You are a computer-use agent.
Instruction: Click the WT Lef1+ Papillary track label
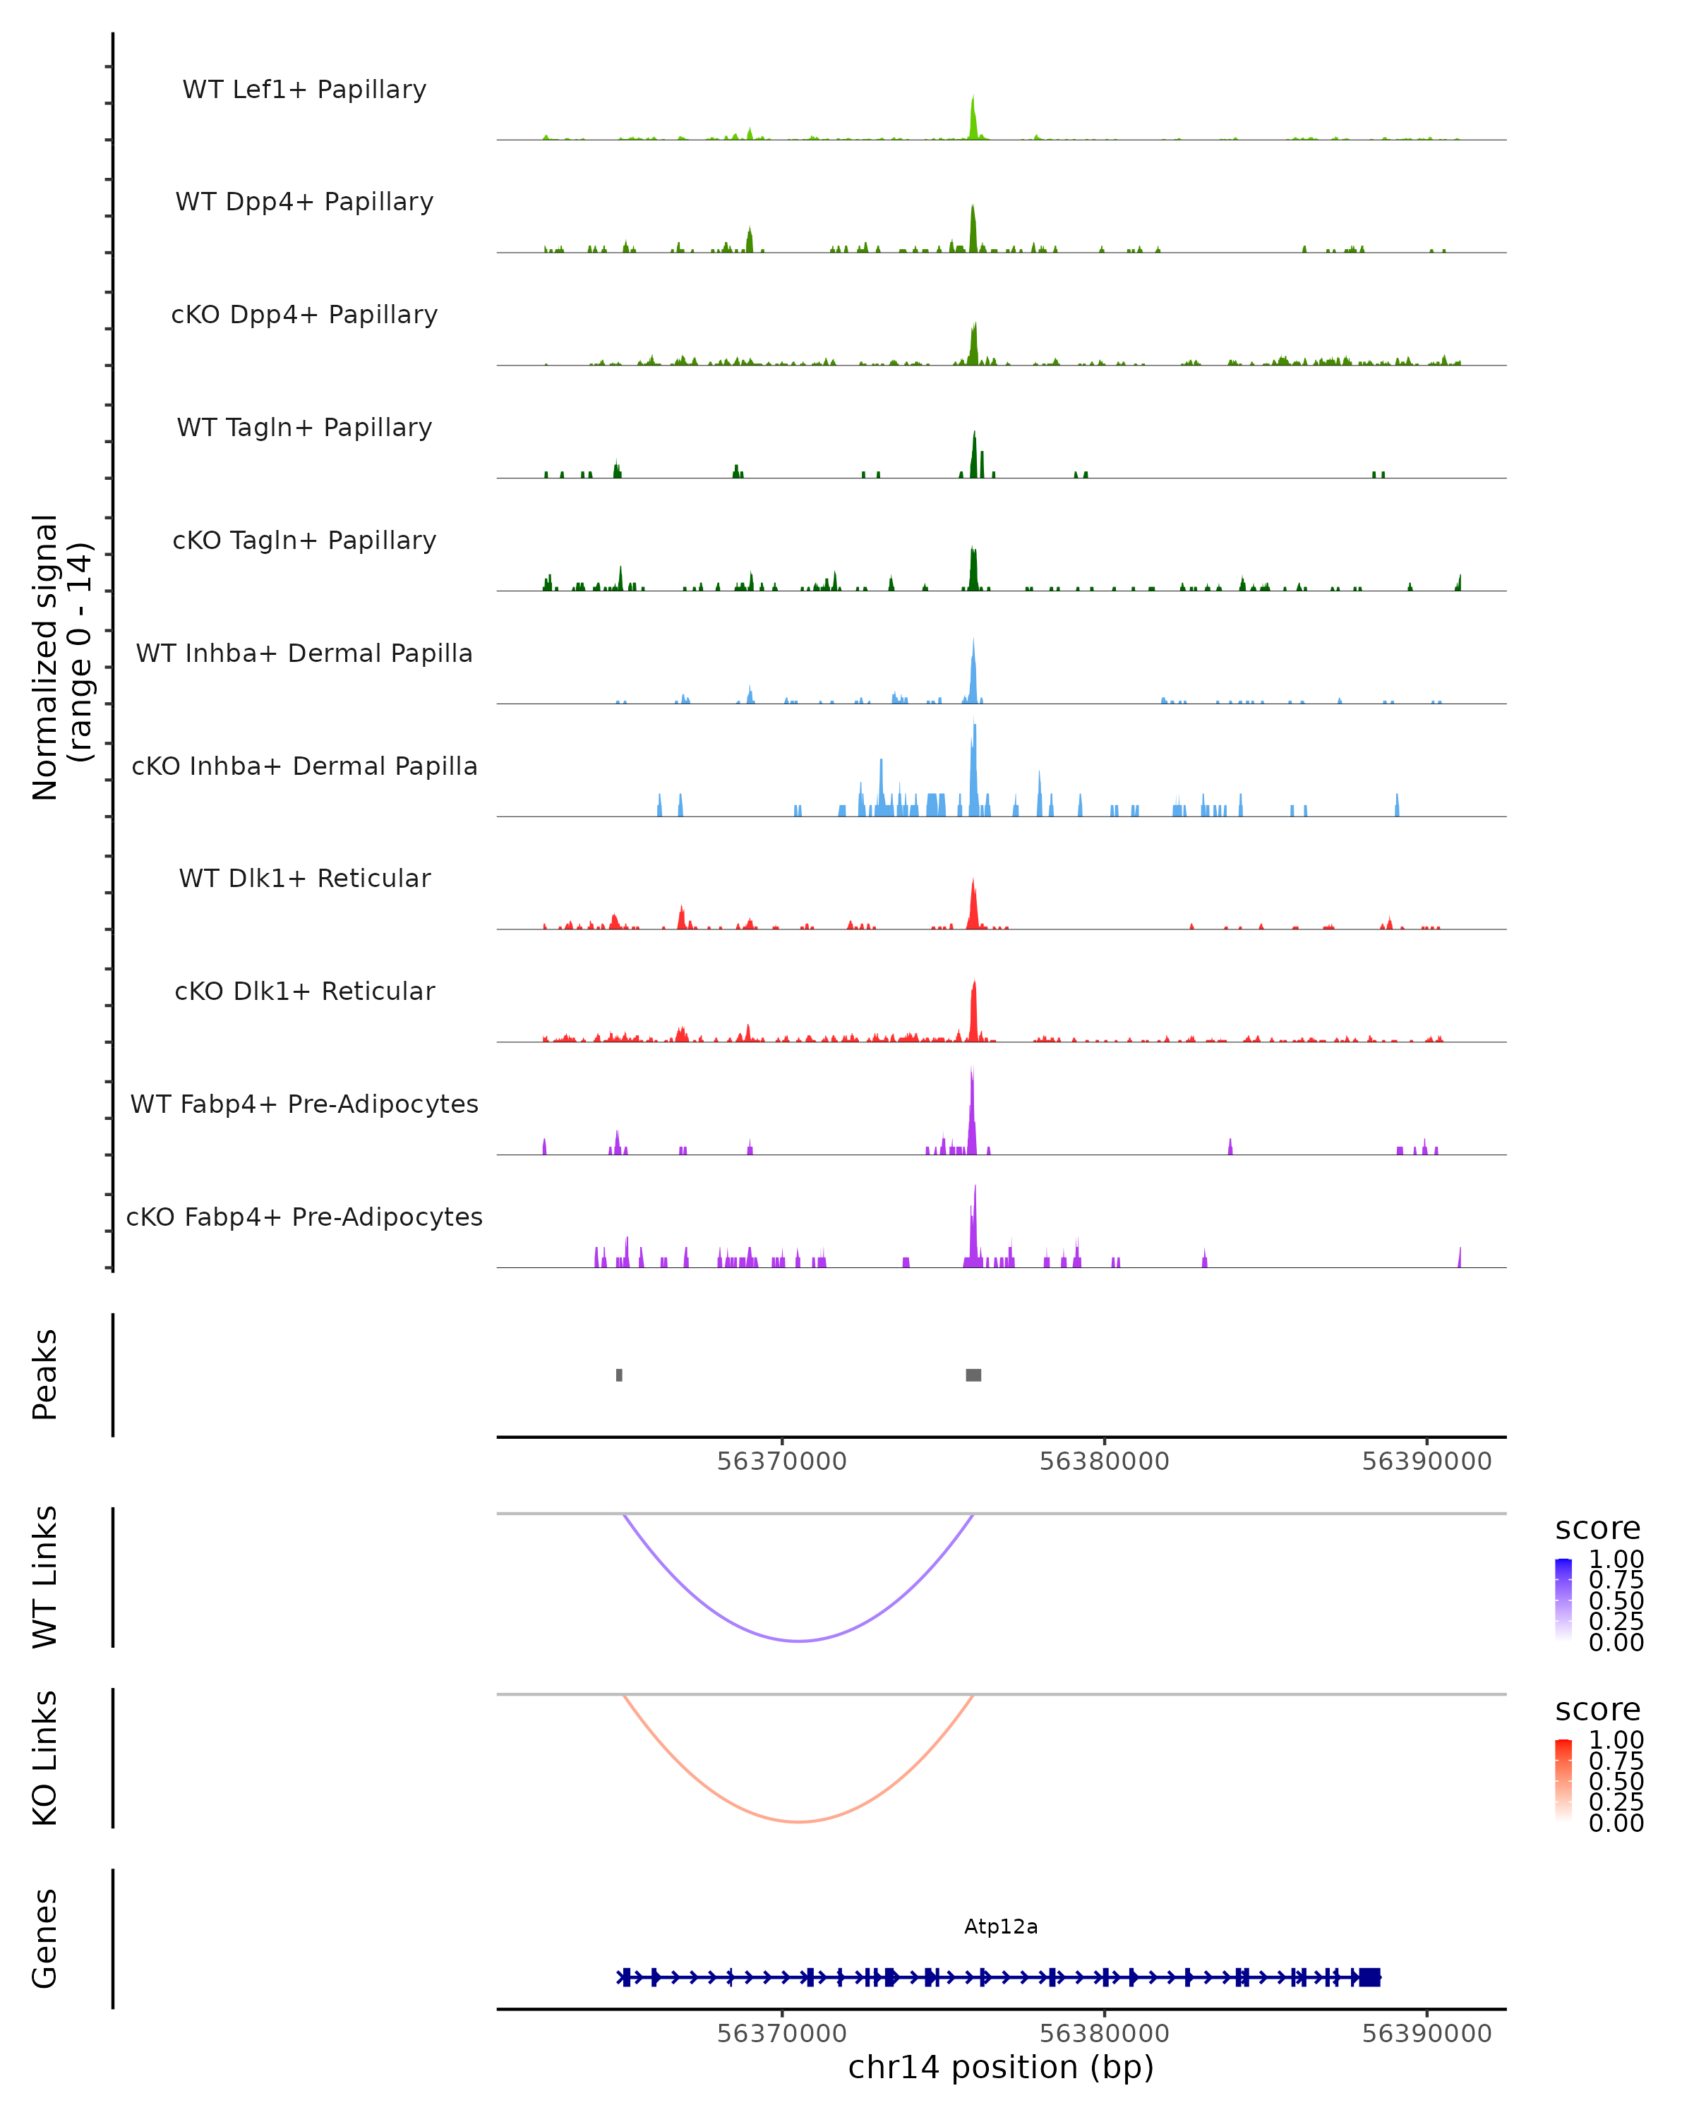[x=304, y=90]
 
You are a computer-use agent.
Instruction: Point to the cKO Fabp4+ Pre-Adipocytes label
[x=304, y=1217]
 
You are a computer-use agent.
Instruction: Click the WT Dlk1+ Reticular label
[x=304, y=878]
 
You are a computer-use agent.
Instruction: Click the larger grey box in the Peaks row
[x=973, y=1375]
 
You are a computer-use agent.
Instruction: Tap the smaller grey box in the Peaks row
[x=619, y=1375]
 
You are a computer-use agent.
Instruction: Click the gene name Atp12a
[x=1001, y=1926]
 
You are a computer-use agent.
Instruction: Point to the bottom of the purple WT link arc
[x=800, y=1641]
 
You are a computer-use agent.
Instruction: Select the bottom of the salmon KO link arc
[x=800, y=1821]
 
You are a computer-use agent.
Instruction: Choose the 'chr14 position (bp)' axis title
[x=1001, y=2067]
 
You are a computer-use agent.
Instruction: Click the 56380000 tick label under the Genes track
[x=1104, y=2034]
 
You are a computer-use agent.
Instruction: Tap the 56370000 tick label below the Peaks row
[x=781, y=1461]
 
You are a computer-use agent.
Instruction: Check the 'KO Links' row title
[x=45, y=1758]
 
